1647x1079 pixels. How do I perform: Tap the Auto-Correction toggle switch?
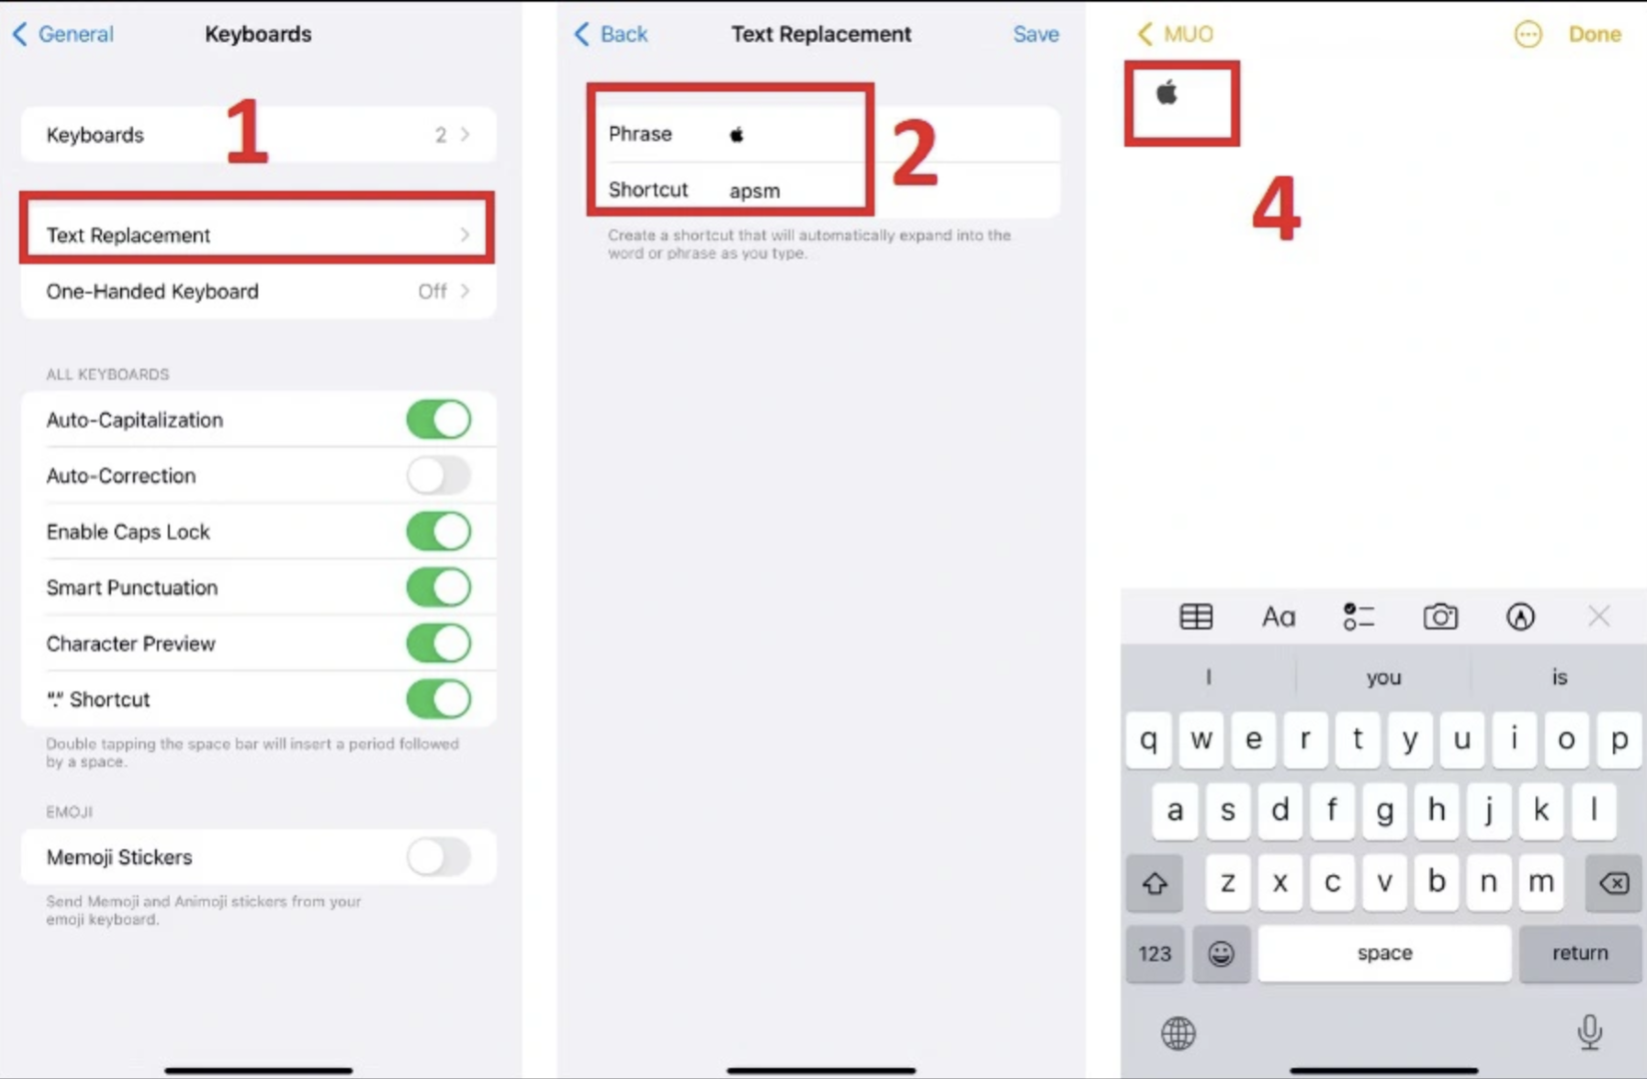click(439, 476)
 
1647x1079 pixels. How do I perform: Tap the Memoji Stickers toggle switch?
click(439, 857)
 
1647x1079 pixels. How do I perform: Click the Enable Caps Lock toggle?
click(439, 532)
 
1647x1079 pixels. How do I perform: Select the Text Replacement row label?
click(128, 235)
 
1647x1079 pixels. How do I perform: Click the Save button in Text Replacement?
click(1036, 34)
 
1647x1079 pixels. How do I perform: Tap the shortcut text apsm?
click(755, 191)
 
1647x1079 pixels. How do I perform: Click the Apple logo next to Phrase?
click(737, 134)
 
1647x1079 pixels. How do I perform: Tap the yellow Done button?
click(1595, 34)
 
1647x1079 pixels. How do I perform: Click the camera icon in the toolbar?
click(1440, 616)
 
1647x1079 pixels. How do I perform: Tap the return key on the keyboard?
click(1579, 953)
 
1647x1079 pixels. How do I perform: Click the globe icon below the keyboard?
click(1178, 1033)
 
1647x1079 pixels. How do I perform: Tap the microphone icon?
click(1590, 1032)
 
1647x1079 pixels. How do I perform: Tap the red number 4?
click(1276, 208)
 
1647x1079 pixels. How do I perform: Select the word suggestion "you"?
click(1383, 677)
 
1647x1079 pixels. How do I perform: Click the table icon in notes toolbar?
click(1196, 616)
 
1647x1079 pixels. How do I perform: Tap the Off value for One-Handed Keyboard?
click(432, 291)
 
